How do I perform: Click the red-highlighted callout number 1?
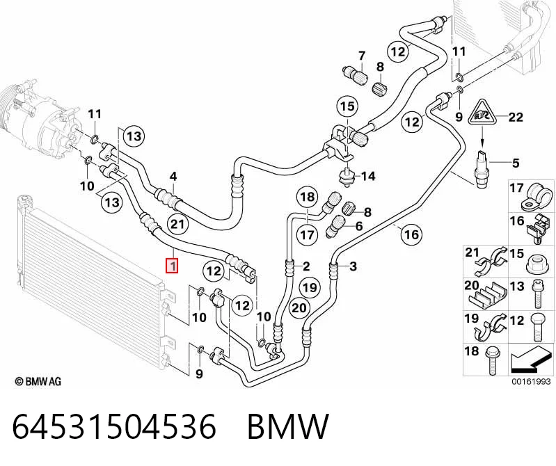click(x=173, y=266)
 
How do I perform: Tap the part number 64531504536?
click(x=114, y=426)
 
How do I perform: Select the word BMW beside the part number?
click(x=288, y=426)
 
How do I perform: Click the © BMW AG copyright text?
click(x=38, y=381)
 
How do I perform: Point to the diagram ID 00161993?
click(x=531, y=382)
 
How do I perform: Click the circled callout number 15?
click(x=347, y=106)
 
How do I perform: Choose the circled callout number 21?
click(x=177, y=224)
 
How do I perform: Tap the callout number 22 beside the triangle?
click(x=516, y=117)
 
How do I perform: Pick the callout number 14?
click(x=367, y=176)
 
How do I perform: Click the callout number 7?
click(x=361, y=56)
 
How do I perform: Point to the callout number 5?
click(x=516, y=163)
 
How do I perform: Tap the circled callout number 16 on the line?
click(x=411, y=234)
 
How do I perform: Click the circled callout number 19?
click(x=310, y=287)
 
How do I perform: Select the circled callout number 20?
click(x=299, y=308)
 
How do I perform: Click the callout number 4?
click(x=173, y=176)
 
